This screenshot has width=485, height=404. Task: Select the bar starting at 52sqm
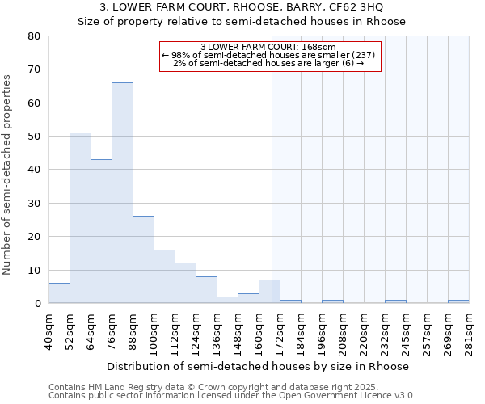(80, 218)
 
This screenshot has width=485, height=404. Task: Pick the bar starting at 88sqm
(143, 259)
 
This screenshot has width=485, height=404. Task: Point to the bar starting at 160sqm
(269, 292)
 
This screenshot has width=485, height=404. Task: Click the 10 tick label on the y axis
(34, 270)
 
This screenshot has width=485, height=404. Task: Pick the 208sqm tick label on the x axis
(343, 330)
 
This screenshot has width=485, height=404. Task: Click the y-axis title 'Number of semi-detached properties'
(7, 174)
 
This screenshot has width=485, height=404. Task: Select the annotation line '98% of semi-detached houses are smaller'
(269, 55)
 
